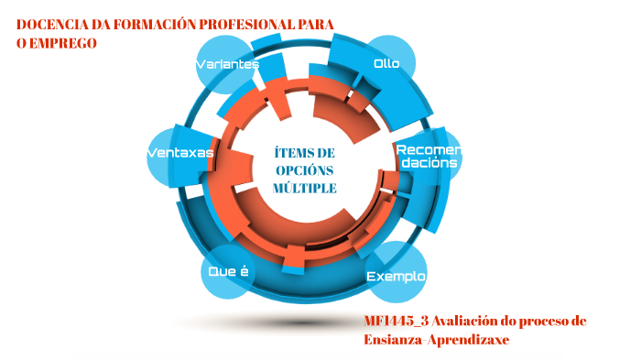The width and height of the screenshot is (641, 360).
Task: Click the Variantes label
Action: pos(227,64)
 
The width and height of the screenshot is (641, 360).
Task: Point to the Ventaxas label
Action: pos(180,152)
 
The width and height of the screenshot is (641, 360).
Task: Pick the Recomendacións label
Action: pos(426,155)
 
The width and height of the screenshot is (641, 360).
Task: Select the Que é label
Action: pos(228,271)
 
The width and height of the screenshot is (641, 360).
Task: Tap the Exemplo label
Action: pos(396,276)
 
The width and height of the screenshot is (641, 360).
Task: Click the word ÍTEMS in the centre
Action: pos(293,152)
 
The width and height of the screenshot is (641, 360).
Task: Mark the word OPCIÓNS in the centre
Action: pos(305,169)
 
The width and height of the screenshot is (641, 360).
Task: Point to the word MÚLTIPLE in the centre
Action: pos(305,188)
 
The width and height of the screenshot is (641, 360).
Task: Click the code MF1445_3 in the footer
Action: pos(396,321)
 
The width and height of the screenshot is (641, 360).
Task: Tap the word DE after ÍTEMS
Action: pos(325,152)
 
